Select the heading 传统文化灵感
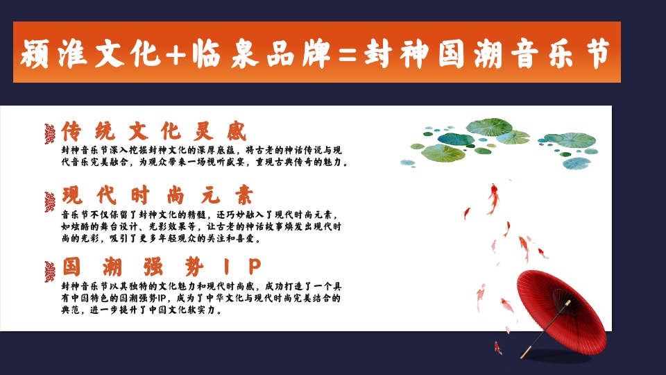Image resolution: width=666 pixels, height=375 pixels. point(153,131)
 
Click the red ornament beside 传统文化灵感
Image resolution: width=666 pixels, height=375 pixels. point(49,133)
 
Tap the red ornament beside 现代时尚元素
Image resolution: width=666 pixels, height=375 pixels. point(49,202)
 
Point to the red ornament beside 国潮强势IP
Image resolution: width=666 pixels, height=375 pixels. point(49,272)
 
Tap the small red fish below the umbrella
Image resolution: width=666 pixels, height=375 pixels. point(497,347)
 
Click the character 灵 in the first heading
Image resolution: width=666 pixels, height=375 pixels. point(207,131)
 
